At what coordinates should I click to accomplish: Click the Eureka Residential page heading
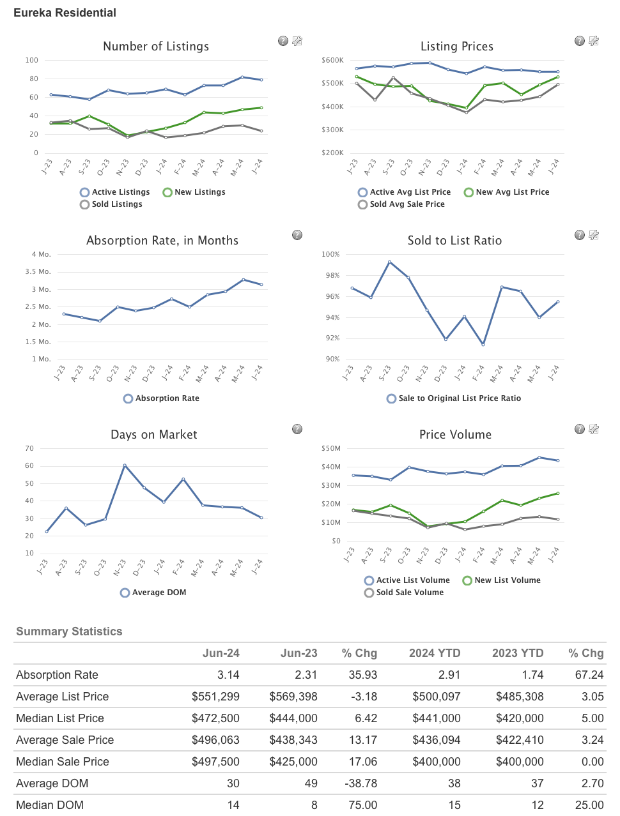tap(65, 13)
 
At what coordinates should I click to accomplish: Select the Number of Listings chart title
tap(156, 47)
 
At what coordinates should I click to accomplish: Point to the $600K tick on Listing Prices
tap(332, 61)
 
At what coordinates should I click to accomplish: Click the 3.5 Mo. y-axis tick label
tap(37, 272)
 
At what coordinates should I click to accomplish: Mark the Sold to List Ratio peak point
tap(389, 262)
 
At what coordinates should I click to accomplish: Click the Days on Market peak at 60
tap(125, 465)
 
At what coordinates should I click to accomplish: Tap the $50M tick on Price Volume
tap(331, 449)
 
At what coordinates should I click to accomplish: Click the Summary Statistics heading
tap(69, 631)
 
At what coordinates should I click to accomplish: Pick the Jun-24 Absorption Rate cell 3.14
tap(228, 675)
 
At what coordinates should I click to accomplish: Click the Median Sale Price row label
tap(63, 762)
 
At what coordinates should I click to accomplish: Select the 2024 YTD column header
tap(435, 653)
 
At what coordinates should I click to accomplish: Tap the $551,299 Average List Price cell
tap(215, 697)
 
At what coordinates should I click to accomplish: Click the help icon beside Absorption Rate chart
tap(297, 235)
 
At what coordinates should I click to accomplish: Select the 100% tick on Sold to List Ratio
tap(330, 255)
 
